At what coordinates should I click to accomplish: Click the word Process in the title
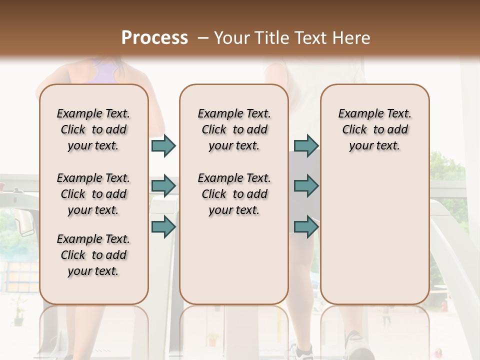click(x=154, y=37)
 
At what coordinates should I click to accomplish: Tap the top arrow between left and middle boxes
click(x=163, y=146)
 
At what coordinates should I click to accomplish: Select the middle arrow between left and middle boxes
click(x=163, y=186)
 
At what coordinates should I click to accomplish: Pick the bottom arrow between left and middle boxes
click(x=163, y=226)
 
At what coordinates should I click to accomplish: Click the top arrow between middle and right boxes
click(x=306, y=146)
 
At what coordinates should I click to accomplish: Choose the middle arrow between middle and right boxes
click(x=306, y=186)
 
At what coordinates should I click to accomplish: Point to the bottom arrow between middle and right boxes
click(x=306, y=226)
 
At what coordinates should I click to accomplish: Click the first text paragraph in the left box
click(x=93, y=129)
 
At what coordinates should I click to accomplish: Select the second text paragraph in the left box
click(x=93, y=194)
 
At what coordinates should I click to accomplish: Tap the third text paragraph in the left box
click(x=93, y=255)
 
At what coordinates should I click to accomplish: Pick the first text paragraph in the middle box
click(x=234, y=129)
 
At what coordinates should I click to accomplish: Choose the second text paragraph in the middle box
click(x=234, y=194)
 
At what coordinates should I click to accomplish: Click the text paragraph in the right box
click(x=375, y=129)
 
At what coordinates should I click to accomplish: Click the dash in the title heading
click(x=203, y=38)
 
